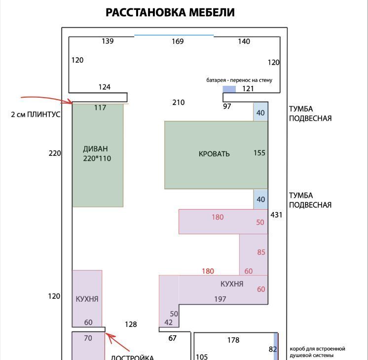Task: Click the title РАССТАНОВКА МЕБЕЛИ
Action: [170, 12]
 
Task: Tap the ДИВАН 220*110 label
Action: [97, 153]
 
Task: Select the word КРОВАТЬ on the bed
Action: [214, 154]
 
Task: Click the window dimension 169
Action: [178, 41]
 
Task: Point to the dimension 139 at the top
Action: [108, 41]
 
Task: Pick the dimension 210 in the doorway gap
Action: [179, 102]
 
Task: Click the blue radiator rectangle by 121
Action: [229, 89]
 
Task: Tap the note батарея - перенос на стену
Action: [239, 80]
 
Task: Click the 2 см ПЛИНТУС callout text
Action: [36, 114]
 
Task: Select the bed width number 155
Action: [259, 153]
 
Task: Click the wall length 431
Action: [276, 215]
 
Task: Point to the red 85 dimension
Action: [261, 252]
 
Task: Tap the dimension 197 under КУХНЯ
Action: [220, 299]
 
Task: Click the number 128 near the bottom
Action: [131, 324]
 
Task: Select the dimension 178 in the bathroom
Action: [233, 340]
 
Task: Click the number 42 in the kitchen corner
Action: [169, 322]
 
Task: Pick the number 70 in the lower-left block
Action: [88, 338]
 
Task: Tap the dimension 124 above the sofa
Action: [105, 87]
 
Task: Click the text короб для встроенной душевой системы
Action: [317, 352]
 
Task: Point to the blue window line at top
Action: [174, 36]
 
